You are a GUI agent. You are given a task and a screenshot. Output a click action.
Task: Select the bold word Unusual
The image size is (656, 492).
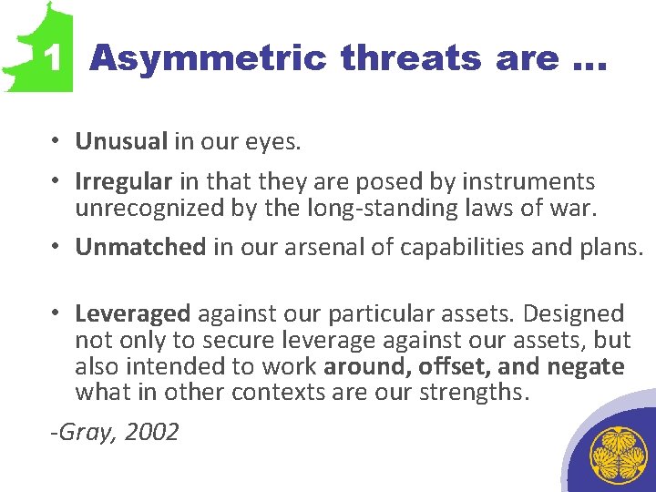point(121,142)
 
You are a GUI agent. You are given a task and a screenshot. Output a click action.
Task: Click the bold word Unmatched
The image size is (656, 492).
point(140,247)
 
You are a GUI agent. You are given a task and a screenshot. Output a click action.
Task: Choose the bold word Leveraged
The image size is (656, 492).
point(133,314)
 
